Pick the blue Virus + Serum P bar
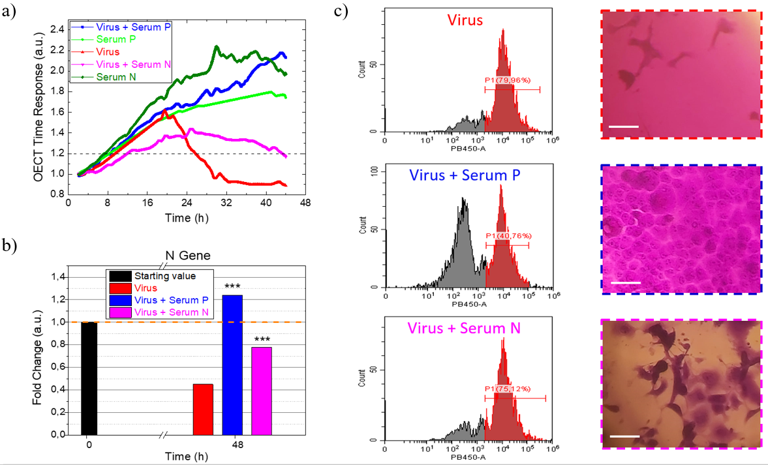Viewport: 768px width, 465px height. (232, 365)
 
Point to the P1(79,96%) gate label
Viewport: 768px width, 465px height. (512, 81)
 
